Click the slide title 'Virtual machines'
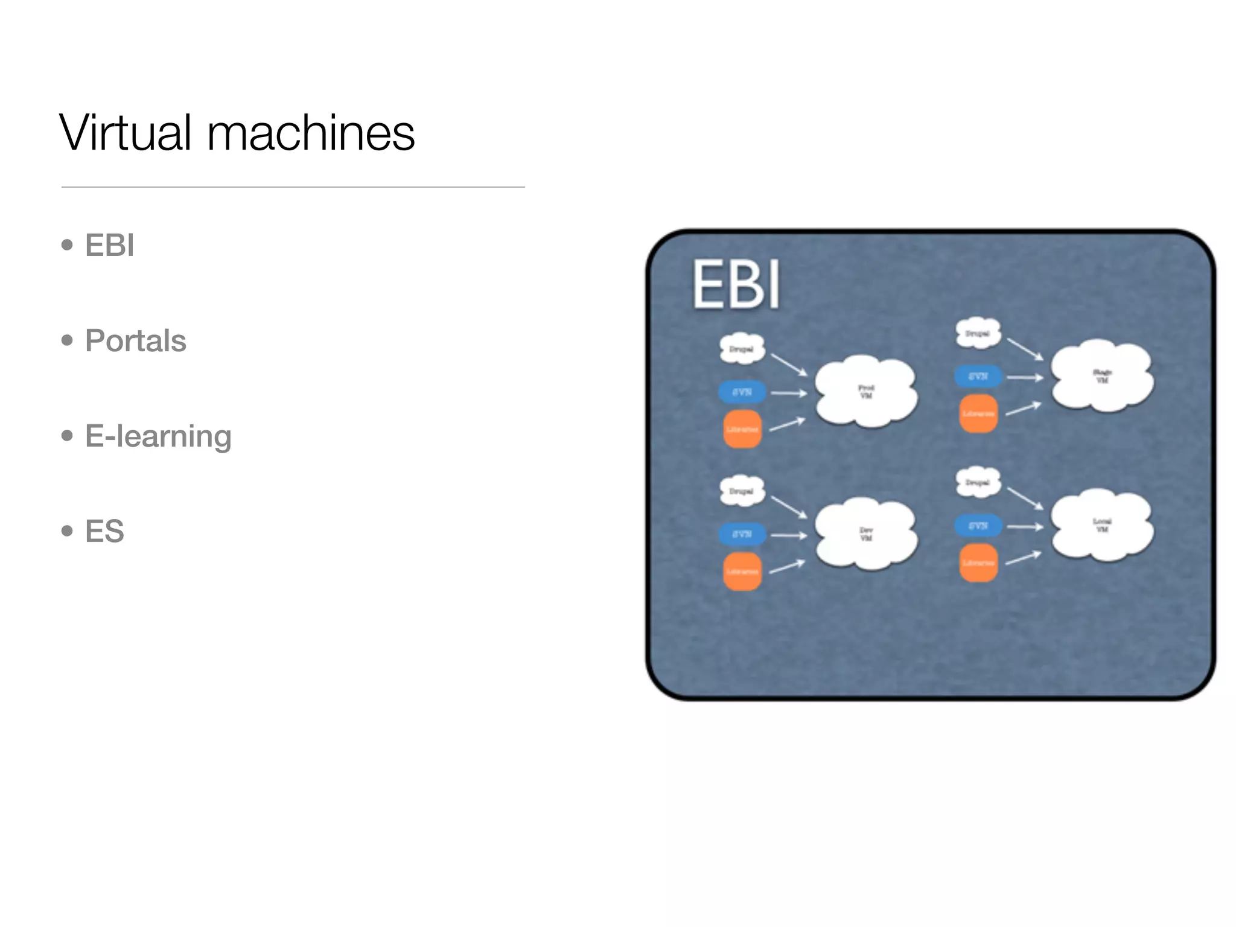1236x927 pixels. click(237, 133)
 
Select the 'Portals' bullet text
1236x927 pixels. click(135, 340)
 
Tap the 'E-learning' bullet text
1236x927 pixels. click(158, 436)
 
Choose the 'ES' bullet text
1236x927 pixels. click(104, 531)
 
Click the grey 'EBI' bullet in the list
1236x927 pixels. click(109, 245)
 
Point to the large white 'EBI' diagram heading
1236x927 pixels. click(736, 284)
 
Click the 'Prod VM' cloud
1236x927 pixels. click(866, 392)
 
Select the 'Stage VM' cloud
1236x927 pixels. click(1102, 376)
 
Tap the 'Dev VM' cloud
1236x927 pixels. click(866, 534)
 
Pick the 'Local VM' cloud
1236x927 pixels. click(1102, 525)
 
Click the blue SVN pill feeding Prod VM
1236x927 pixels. click(742, 392)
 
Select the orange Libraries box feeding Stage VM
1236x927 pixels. click(978, 414)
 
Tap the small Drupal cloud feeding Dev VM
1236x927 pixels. click(742, 491)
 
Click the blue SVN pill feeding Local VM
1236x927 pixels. click(978, 526)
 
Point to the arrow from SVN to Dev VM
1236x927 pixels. click(789, 535)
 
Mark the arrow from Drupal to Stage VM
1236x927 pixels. click(1025, 349)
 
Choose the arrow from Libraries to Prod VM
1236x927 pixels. click(787, 424)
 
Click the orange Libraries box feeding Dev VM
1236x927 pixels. click(742, 571)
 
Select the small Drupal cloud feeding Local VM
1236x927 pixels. click(978, 482)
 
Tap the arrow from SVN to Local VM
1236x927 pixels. click(1025, 527)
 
